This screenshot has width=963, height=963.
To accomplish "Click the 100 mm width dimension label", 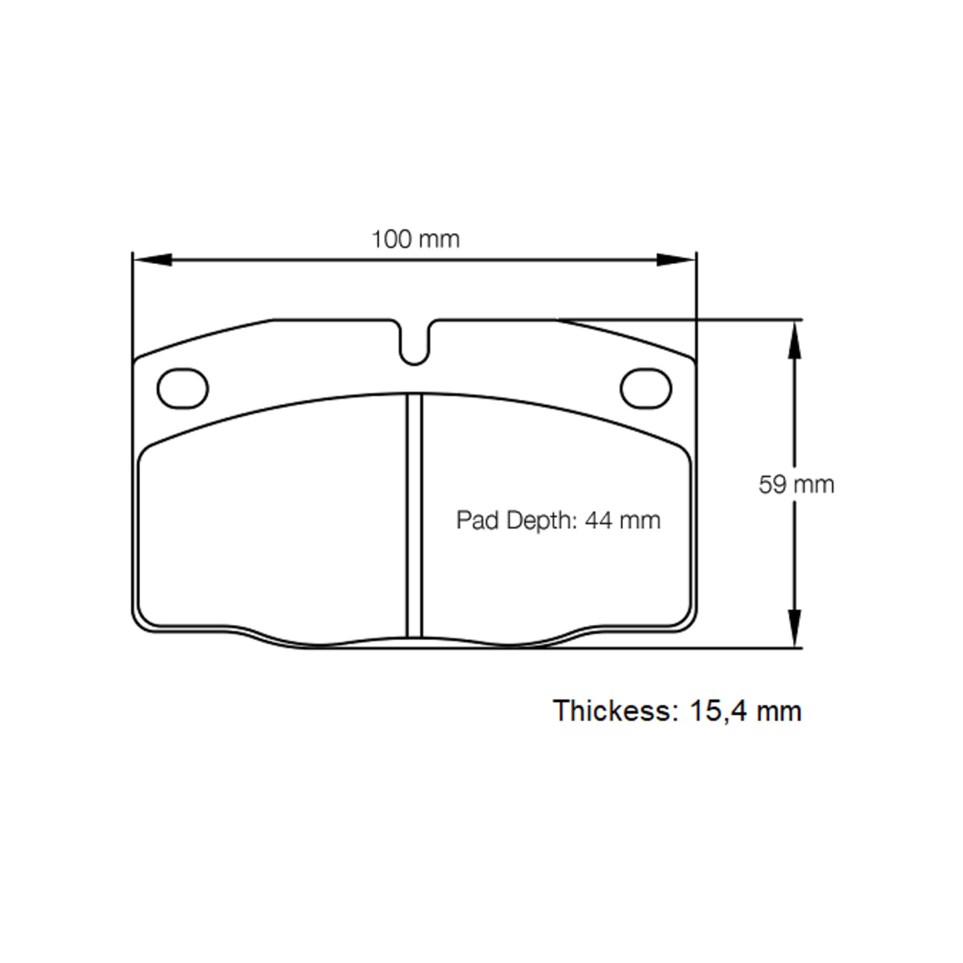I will (x=415, y=239).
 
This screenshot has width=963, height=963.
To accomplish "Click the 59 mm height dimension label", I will (x=796, y=484).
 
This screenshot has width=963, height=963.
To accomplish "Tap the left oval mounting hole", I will (x=183, y=389).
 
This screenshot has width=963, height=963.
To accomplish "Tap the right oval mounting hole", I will (x=646, y=389).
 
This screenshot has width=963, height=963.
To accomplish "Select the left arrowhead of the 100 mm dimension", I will (x=152, y=259).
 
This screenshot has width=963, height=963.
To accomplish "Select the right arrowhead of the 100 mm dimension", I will (x=677, y=259).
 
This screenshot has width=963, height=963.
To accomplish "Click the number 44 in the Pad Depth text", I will (x=598, y=520).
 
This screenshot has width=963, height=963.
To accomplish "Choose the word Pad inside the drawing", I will (x=478, y=520).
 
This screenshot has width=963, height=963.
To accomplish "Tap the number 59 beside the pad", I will (x=772, y=484).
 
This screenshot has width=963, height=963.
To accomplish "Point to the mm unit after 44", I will (x=639, y=520).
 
